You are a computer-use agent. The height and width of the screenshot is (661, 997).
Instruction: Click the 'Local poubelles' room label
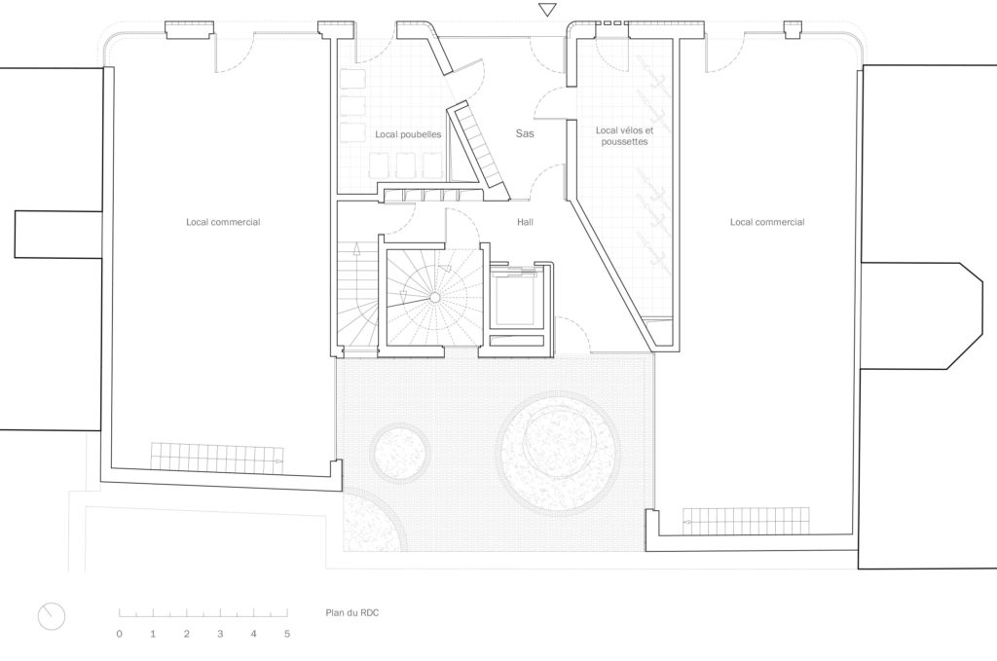click(x=408, y=134)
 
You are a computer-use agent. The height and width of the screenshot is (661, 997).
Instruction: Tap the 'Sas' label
click(x=525, y=132)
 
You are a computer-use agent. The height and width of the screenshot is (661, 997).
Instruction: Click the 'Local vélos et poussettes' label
click(x=622, y=135)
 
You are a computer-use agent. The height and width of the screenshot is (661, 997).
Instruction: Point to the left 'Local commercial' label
click(x=223, y=222)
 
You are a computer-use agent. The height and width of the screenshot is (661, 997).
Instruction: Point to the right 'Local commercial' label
click(x=767, y=222)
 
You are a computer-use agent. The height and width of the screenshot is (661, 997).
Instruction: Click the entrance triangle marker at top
click(x=548, y=10)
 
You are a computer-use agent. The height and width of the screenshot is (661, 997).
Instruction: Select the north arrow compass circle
click(x=52, y=615)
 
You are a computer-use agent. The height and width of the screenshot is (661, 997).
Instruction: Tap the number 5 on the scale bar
click(x=287, y=634)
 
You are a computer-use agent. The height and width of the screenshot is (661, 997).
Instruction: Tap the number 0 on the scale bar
click(x=119, y=634)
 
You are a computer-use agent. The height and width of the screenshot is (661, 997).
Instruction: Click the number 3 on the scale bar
click(x=220, y=634)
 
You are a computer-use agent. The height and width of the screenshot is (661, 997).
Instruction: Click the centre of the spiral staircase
click(x=434, y=295)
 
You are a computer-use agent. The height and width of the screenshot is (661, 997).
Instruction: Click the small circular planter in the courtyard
click(x=401, y=452)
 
